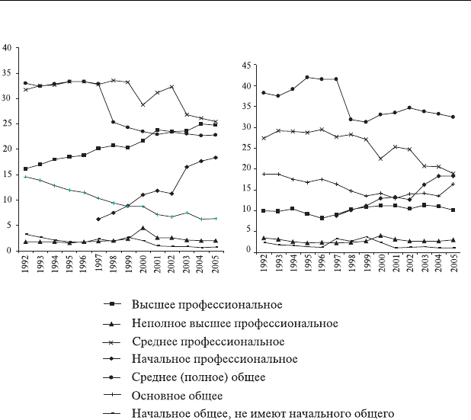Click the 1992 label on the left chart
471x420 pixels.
pos(27,262)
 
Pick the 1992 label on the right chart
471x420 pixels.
pos(264,262)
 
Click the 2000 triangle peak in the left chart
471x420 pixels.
pos(143,228)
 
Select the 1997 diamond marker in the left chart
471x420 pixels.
pos(98,219)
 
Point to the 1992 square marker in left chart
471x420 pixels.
pos(26,169)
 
